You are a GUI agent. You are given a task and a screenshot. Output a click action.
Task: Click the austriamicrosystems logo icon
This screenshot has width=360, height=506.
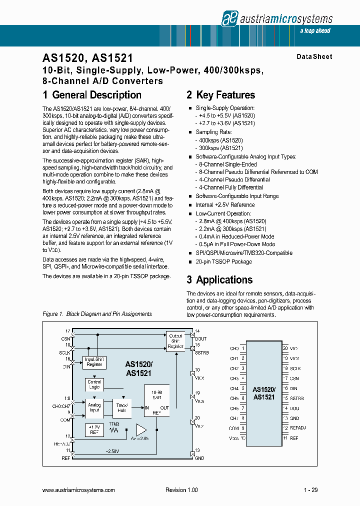(228, 18)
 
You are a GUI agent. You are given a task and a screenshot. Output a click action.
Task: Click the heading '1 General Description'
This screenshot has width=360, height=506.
(92, 95)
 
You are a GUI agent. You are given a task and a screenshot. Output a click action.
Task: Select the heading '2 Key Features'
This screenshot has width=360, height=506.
(220, 95)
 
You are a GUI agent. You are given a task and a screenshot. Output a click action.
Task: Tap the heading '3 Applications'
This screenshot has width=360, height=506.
(219, 280)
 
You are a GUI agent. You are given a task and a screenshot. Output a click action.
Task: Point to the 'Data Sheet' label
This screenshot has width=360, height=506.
(314, 57)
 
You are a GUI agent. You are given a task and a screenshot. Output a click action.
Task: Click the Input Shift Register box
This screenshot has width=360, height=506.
(94, 362)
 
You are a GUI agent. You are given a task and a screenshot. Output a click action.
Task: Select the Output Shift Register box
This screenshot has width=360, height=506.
(175, 341)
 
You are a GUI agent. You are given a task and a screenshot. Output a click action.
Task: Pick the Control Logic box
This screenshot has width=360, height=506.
(94, 384)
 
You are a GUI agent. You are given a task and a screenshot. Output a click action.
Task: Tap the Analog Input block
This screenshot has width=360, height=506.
(94, 407)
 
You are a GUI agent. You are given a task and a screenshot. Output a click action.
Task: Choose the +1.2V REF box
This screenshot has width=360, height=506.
(94, 429)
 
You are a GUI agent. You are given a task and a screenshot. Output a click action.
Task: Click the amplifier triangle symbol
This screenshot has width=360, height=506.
(141, 429)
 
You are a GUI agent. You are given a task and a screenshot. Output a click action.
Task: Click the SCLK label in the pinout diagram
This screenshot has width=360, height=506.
(295, 368)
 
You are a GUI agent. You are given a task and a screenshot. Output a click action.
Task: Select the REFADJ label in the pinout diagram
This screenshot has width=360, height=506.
(298, 428)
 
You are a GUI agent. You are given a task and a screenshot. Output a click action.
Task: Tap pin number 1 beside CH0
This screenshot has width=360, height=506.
(243, 348)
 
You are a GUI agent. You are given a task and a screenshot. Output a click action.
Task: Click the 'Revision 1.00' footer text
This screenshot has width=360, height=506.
(181, 490)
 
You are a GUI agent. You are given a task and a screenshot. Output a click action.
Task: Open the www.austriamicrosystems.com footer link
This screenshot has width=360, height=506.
(79, 490)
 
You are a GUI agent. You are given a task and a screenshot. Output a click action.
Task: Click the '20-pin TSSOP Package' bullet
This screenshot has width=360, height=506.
(223, 261)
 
